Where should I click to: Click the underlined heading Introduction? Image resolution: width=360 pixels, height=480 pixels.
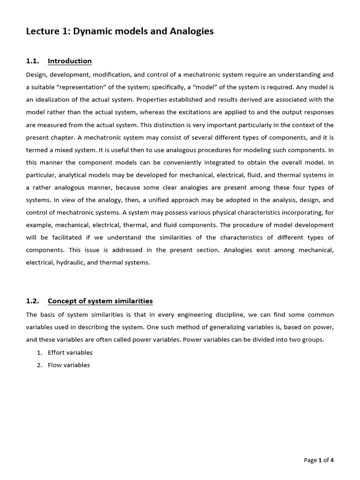coord(70,61)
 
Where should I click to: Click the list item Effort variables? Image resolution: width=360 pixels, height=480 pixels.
coord(70,352)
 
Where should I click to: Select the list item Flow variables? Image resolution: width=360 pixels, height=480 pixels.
coord(68,365)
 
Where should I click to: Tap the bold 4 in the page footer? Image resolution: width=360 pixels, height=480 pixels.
coord(332,460)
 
